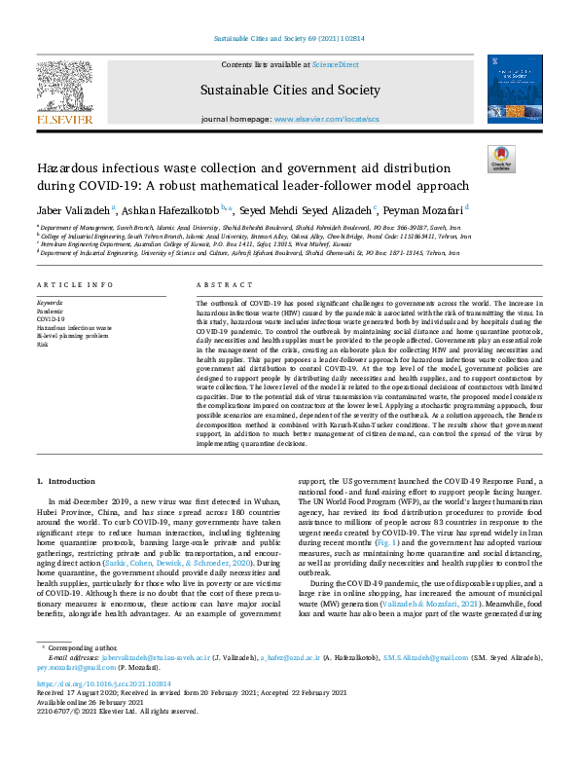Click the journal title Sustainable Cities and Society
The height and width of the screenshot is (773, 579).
pyautogui.click(x=290, y=91)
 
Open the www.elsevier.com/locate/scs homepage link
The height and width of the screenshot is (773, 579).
pyautogui.click(x=327, y=119)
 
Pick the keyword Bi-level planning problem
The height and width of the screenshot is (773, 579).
pyautogui.click(x=73, y=335)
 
